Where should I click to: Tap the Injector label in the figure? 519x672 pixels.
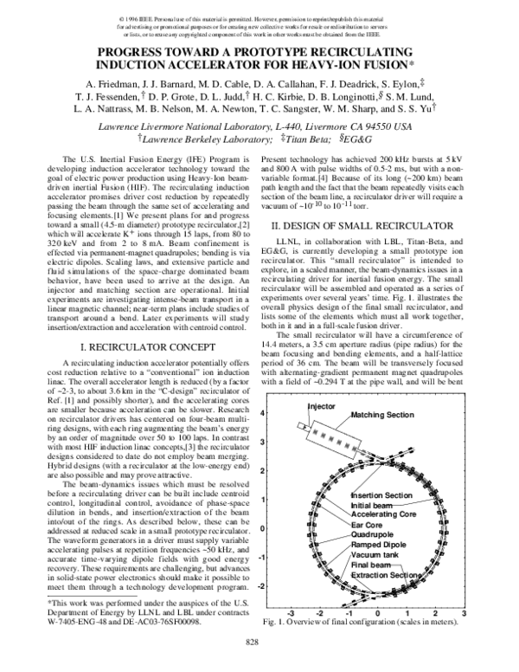coord(297,404)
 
